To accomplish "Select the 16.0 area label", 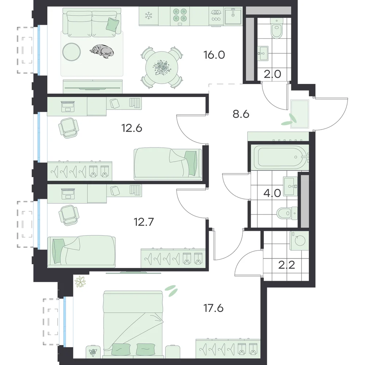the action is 214,55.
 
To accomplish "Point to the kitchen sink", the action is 233,15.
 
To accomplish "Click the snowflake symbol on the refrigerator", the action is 148,16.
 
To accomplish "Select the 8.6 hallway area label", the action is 241,114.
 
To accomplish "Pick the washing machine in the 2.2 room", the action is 299,241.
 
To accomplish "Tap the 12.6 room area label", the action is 132,128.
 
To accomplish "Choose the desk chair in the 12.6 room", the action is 69,128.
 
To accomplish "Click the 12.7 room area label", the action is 144,222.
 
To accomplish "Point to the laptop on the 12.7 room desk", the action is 68,194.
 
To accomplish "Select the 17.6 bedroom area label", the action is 214,308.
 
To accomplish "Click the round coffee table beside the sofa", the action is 72,52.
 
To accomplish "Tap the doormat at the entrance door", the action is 300,114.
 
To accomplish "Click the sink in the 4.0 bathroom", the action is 290,186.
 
